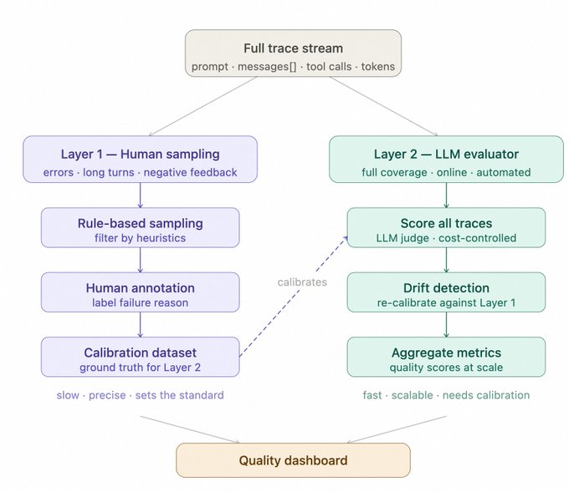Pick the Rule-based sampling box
tap(140, 230)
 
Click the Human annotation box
tap(140, 294)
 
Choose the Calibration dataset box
tap(140, 358)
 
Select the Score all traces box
tap(446, 230)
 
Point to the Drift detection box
tap(446, 294)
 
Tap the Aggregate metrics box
tap(446, 358)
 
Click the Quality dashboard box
tap(293, 460)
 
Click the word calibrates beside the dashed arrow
tap(303, 282)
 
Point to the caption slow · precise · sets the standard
tap(140, 395)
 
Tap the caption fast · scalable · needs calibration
tap(446, 395)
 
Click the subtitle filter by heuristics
tap(140, 238)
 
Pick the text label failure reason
tap(140, 302)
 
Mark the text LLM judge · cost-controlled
tap(446, 238)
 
